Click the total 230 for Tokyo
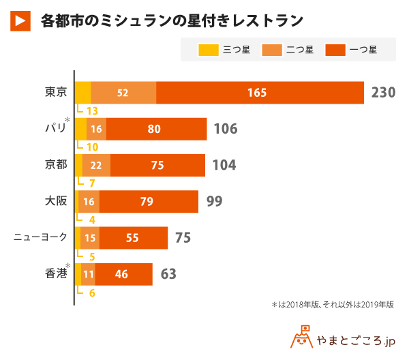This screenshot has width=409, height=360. point(384,93)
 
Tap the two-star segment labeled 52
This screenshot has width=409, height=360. point(123,93)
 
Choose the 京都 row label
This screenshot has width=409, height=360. point(56,165)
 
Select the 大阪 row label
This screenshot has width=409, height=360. point(56,201)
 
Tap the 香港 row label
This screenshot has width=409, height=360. point(56,273)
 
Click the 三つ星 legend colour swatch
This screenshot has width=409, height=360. point(208,49)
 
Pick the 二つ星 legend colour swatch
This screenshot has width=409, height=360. point(271,49)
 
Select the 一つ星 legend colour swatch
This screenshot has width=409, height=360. point(334,49)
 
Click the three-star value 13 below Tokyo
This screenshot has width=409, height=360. point(92,111)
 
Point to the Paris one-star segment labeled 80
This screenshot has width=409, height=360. point(156,129)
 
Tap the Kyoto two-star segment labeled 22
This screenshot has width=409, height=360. point(96,165)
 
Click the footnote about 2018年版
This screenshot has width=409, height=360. point(333,305)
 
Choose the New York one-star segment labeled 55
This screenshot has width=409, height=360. point(133,237)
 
